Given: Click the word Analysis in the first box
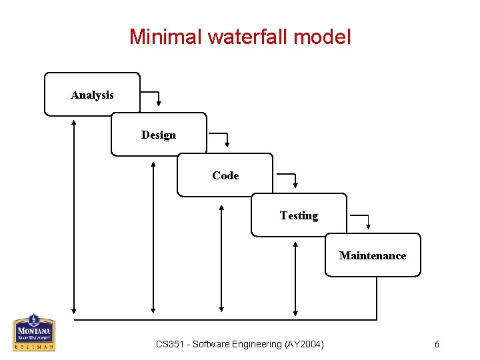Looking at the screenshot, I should pyautogui.click(x=92, y=95).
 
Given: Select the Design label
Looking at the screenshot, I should pyautogui.click(x=159, y=135).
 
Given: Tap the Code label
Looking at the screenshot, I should pyautogui.click(x=225, y=175).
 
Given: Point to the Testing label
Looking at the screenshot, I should pyautogui.click(x=299, y=215).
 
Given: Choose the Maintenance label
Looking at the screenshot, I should pyautogui.click(x=373, y=255).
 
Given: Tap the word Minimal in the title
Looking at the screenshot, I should pyautogui.click(x=165, y=36).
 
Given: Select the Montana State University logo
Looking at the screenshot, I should pyautogui.click(x=34, y=332).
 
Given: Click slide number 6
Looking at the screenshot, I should pyautogui.click(x=437, y=344).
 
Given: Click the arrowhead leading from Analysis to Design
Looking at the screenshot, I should pyautogui.click(x=159, y=103).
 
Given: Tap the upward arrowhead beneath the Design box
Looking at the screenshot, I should pyautogui.click(x=154, y=163).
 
